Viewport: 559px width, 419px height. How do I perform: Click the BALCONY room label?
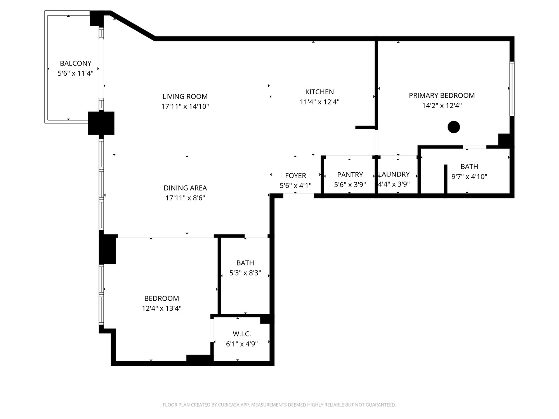pos(75,63)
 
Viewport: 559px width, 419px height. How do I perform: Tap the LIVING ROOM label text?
pos(185,96)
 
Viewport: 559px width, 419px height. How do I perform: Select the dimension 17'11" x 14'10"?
pos(185,106)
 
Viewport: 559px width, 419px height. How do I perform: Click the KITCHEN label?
pos(319,92)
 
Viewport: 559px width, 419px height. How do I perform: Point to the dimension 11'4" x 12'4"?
pos(319,102)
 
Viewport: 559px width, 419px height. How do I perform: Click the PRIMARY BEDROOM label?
pos(442,95)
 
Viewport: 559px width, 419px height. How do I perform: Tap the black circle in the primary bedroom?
pos(453,127)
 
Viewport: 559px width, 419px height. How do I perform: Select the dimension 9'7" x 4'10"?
pos(469,177)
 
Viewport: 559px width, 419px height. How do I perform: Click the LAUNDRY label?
pos(394,174)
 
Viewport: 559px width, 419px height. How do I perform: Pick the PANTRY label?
pos(350,175)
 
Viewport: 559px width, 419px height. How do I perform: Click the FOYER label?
pos(295,176)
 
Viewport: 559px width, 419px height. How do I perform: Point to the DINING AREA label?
pos(185,188)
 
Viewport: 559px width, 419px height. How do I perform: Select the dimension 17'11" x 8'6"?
pos(185,198)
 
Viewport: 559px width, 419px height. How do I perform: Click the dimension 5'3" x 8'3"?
pos(245,273)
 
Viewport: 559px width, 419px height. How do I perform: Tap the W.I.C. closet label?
pos(242,334)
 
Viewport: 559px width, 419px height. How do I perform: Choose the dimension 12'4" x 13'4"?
pos(161,308)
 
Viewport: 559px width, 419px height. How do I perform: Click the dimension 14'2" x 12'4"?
pos(442,106)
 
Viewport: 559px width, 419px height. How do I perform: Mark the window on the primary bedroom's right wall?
pos(512,88)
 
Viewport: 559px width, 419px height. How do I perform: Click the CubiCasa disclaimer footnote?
pos(279,405)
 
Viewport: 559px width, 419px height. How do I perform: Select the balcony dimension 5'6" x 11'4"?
pos(75,73)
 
